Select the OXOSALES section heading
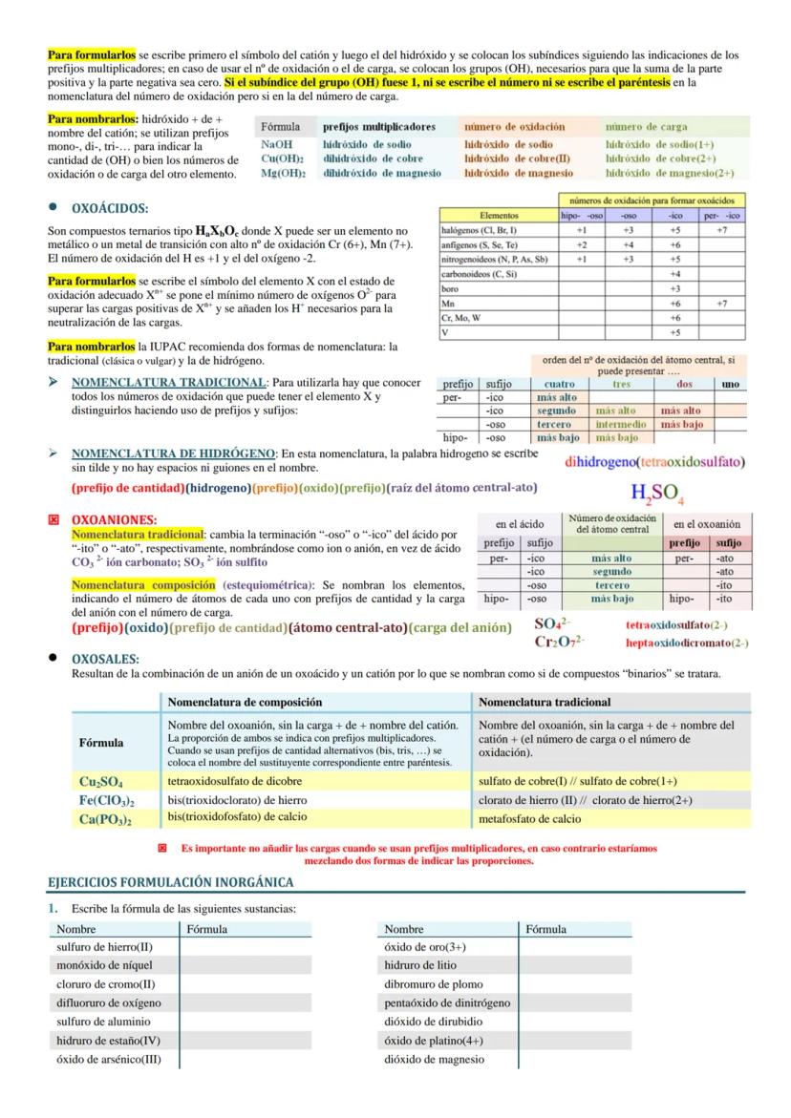pyautogui.click(x=106, y=659)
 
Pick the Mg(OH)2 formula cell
pyautogui.click(x=283, y=173)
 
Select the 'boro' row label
pyautogui.click(x=450, y=288)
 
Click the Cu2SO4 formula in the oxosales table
pyautogui.click(x=101, y=781)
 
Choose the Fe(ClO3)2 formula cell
pyautogui.click(x=106, y=800)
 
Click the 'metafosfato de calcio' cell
pyautogui.click(x=529, y=819)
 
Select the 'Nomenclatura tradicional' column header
pyautogui.click(x=545, y=702)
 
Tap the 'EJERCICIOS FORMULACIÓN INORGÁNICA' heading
pyautogui.click(x=170, y=881)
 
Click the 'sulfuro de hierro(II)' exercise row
pyautogui.click(x=104, y=946)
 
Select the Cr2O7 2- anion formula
pyautogui.click(x=560, y=643)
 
